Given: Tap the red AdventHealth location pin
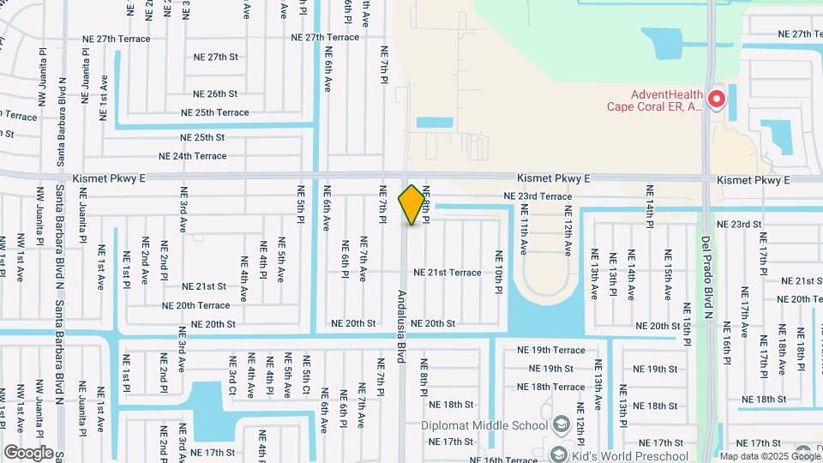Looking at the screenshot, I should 716,99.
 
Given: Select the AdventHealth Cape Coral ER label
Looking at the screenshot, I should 655,101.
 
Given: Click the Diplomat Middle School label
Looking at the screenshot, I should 484,425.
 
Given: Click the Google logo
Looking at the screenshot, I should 28,452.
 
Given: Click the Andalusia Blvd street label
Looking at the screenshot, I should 401,326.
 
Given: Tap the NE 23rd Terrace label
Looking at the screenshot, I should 537,196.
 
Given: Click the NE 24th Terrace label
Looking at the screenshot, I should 193,156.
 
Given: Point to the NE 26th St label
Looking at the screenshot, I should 215,93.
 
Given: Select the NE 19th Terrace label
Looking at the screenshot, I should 551,350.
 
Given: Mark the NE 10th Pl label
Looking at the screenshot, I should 497,272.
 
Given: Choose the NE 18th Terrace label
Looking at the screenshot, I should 550,387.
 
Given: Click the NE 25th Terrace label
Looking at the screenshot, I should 214,112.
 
